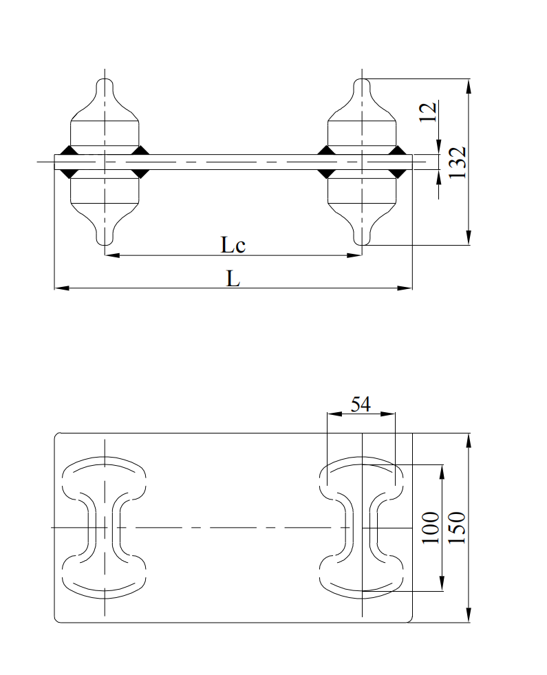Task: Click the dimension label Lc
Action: point(233,245)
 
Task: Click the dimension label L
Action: point(233,279)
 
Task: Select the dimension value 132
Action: point(459,162)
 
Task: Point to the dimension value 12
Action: point(428,111)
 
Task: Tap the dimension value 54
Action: point(361,404)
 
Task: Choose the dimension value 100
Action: point(431,528)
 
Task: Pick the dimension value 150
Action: point(458,528)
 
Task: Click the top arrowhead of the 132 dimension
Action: point(469,85)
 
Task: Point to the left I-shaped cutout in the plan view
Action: point(105,528)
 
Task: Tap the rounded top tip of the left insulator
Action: point(105,83)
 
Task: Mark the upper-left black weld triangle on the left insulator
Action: point(67,150)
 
